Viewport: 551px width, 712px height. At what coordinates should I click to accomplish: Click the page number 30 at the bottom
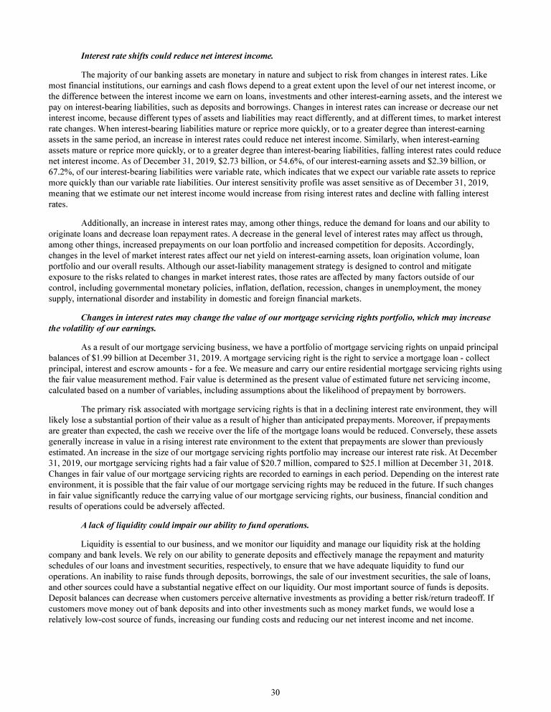[x=275, y=692]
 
